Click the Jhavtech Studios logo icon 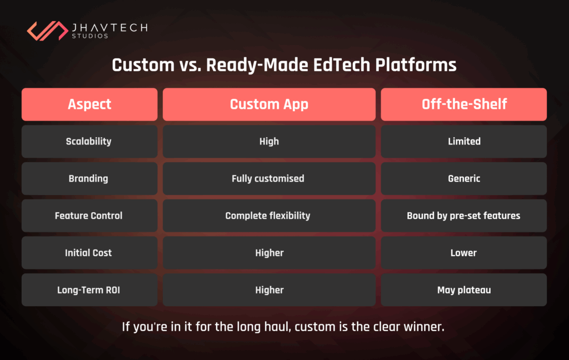pyautogui.click(x=48, y=31)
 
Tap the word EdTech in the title pyautogui.click(x=342, y=65)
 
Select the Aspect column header pyautogui.click(x=89, y=104)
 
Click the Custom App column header pyautogui.click(x=269, y=104)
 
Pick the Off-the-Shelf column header pyautogui.click(x=464, y=104)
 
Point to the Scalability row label pyautogui.click(x=89, y=142)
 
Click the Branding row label pyautogui.click(x=89, y=178)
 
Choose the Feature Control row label pyautogui.click(x=89, y=216)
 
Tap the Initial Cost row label pyautogui.click(x=89, y=253)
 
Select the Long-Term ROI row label pyautogui.click(x=89, y=290)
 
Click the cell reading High pyautogui.click(x=269, y=142)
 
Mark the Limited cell pyautogui.click(x=464, y=142)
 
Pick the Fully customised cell pyautogui.click(x=269, y=178)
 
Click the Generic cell pyautogui.click(x=464, y=178)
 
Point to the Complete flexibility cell pyautogui.click(x=269, y=216)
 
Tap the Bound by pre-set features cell pyautogui.click(x=464, y=216)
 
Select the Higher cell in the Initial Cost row pyautogui.click(x=269, y=253)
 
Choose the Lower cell pyautogui.click(x=464, y=253)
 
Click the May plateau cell pyautogui.click(x=464, y=290)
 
